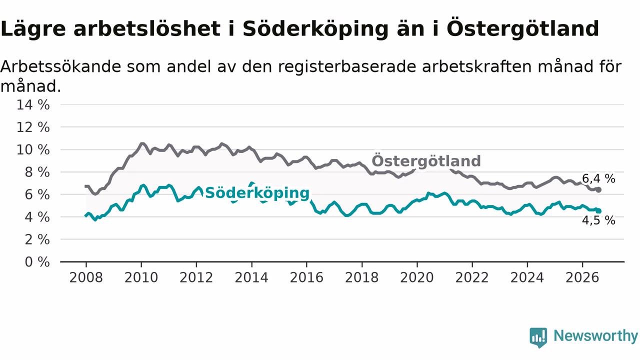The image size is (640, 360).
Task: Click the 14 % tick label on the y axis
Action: coord(33,105)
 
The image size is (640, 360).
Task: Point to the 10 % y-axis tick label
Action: coord(33,149)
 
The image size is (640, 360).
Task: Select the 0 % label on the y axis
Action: coord(37,262)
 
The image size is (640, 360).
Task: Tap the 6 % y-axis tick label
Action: coord(37,194)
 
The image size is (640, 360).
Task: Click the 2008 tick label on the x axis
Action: coord(86,277)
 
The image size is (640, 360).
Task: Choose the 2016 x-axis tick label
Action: coord(306,277)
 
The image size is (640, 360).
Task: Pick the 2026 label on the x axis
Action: coord(582,277)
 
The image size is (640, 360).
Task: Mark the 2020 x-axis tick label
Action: coord(417,277)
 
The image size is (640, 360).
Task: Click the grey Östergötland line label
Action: coord(426,161)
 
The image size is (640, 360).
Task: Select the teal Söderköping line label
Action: coord(257,193)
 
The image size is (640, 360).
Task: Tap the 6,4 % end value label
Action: coord(598,179)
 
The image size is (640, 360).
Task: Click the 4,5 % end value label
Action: coord(598,220)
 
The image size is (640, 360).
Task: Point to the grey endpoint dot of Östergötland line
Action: coord(598,190)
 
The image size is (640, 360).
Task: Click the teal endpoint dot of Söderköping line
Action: coord(598,211)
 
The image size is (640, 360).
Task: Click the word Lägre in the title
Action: coord(33,29)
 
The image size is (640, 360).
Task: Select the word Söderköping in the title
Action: coord(315,29)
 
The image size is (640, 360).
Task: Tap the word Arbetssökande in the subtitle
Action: coord(61,66)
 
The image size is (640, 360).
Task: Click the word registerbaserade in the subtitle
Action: coord(347,67)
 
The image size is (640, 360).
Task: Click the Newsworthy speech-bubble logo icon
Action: coord(538,337)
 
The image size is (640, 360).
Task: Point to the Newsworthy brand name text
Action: coord(596,335)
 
